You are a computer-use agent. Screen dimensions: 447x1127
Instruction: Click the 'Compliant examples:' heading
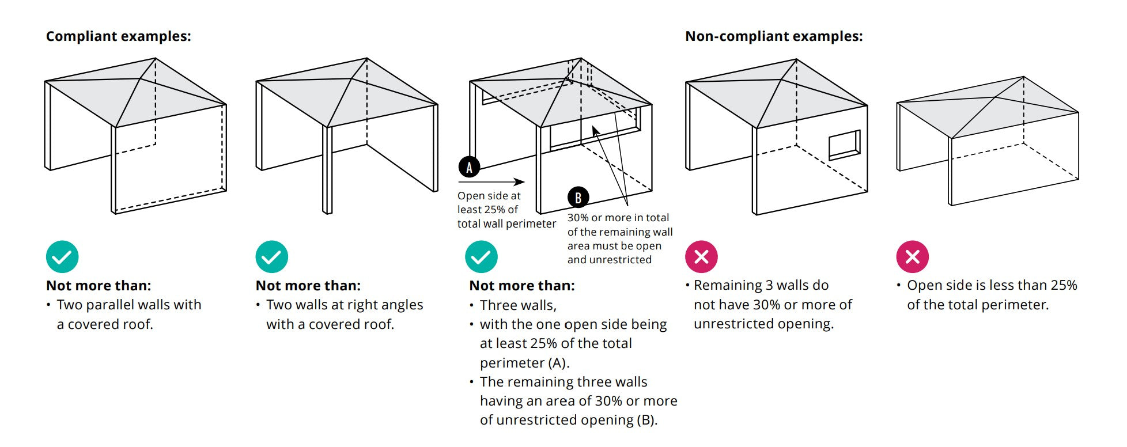[118, 36]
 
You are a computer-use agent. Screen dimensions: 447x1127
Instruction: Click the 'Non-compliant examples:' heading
[773, 36]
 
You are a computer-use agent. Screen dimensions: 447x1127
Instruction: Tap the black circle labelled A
[469, 168]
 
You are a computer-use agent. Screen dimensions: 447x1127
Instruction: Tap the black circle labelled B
[578, 198]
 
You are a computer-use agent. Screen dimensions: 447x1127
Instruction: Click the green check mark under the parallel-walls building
[62, 257]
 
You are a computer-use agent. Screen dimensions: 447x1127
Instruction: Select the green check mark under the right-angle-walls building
[271, 257]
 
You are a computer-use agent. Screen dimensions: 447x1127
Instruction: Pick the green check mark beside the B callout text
[481, 257]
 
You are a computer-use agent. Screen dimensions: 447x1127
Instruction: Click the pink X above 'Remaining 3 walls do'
[701, 257]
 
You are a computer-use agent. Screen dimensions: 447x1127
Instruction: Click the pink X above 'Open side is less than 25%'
[912, 257]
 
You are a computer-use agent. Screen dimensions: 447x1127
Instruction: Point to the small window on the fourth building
[844, 145]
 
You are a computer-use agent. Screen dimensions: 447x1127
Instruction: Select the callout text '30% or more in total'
[618, 218]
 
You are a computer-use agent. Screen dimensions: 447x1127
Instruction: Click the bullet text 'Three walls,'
[517, 305]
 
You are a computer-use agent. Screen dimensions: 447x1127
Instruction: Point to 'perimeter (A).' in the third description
[524, 363]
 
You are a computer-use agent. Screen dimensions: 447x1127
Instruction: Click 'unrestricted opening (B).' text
[568, 420]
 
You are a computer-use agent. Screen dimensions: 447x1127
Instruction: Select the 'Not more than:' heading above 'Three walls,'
[521, 286]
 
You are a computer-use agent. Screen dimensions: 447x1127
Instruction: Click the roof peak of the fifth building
[996, 97]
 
